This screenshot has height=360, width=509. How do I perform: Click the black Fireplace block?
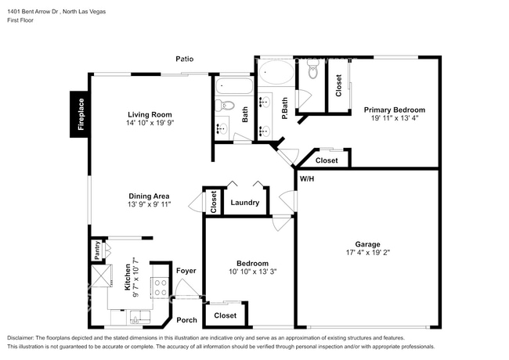(x=79, y=114)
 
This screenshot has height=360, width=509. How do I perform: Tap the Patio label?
(x=184, y=59)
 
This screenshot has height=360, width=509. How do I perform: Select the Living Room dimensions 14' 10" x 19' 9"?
(x=150, y=123)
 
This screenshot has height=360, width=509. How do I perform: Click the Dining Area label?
(x=149, y=196)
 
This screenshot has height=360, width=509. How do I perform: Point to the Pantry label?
(x=97, y=250)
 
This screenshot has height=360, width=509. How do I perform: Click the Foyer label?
(x=186, y=271)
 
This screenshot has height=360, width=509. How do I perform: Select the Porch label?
(x=186, y=320)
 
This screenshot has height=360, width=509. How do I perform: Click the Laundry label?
(x=245, y=203)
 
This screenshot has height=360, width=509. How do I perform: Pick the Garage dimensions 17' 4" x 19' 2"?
(x=368, y=252)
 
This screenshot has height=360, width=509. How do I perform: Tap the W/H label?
(x=307, y=178)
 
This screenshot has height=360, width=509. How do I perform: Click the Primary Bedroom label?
(x=395, y=110)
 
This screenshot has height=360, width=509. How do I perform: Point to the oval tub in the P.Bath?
(x=276, y=72)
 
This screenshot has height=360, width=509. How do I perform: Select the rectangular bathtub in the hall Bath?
(x=233, y=86)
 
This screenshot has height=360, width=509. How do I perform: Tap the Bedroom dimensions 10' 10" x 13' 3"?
(x=253, y=272)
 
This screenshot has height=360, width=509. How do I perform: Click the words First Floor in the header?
(x=20, y=20)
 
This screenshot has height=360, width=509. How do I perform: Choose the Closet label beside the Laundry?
(x=213, y=202)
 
